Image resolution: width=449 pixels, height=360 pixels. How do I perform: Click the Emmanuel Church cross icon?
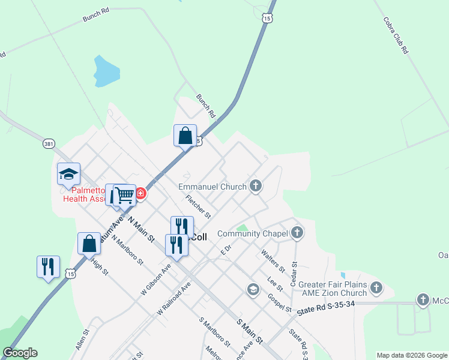[256, 186]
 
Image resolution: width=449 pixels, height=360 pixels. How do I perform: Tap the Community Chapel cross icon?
[297, 233]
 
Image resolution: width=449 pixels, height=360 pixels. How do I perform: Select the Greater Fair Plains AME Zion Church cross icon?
[376, 287]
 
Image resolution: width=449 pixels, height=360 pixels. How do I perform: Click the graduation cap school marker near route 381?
[68, 175]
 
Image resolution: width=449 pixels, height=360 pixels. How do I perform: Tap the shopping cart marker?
[125, 194]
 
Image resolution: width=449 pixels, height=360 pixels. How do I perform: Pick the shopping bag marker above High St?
[89, 244]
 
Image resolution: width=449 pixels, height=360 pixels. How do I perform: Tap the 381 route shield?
[49, 144]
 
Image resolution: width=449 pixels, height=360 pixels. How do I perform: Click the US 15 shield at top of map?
[267, 19]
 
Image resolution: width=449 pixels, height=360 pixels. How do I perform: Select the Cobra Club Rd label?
[396, 36]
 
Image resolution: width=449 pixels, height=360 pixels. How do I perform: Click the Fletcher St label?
[199, 206]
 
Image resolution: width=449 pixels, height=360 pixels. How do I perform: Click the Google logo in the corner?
[20, 353]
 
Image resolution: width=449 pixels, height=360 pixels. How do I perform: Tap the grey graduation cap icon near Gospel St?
[253, 290]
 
